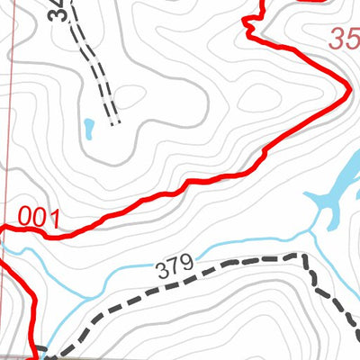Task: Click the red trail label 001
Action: (39, 217)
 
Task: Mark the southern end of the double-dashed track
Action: (114, 121)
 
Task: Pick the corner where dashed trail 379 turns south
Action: (299, 257)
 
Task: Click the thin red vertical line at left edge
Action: (8, 135)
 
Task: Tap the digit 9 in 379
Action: (187, 263)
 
